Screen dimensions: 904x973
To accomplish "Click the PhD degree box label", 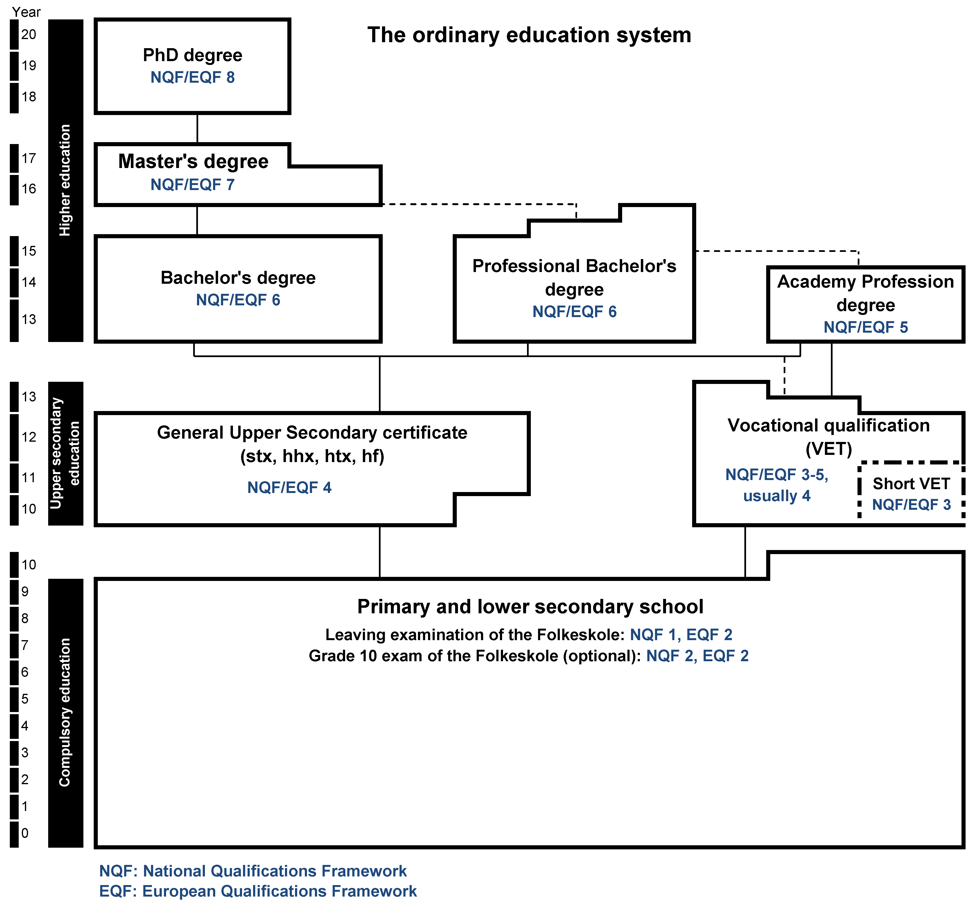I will click(x=192, y=55).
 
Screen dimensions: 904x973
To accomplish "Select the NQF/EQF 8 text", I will click(x=192, y=77).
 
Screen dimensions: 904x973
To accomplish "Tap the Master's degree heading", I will click(x=193, y=162).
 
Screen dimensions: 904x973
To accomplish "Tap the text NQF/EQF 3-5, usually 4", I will click(x=776, y=485).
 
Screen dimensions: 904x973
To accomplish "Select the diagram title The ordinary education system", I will click(x=529, y=35).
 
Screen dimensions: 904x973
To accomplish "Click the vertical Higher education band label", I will click(x=65, y=180).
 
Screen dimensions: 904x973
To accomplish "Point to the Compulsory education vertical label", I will click(x=65, y=712).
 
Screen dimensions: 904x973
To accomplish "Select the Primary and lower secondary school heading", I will click(x=530, y=607).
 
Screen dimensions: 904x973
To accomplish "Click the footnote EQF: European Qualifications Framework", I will click(x=258, y=891).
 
